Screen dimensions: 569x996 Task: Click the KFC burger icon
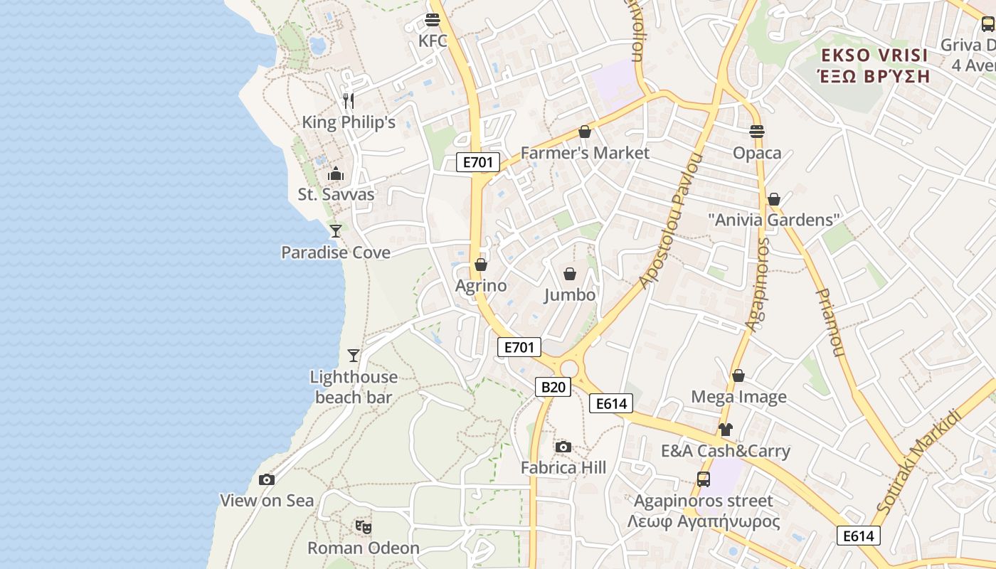click(433, 20)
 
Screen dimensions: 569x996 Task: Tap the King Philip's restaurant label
click(349, 122)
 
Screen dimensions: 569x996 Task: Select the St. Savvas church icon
click(336, 174)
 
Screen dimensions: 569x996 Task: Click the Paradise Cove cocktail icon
click(336, 230)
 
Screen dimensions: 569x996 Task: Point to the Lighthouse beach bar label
click(354, 387)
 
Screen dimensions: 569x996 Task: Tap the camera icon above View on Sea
click(267, 480)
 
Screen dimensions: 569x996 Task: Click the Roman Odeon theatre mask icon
click(364, 527)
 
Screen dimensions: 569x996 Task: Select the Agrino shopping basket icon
click(481, 265)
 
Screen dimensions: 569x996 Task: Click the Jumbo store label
click(570, 294)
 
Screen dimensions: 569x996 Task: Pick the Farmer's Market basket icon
click(585, 132)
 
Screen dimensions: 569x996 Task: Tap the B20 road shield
click(553, 387)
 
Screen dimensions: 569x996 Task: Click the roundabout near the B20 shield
click(569, 368)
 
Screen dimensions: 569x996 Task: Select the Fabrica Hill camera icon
click(563, 447)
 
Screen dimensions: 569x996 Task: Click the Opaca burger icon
click(757, 132)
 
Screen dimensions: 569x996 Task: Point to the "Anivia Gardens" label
click(774, 220)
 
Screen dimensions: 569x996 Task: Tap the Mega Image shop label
click(739, 397)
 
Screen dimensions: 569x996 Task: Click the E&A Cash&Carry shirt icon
click(725, 430)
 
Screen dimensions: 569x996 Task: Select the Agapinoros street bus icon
click(704, 479)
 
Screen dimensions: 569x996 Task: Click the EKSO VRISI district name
click(874, 55)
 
